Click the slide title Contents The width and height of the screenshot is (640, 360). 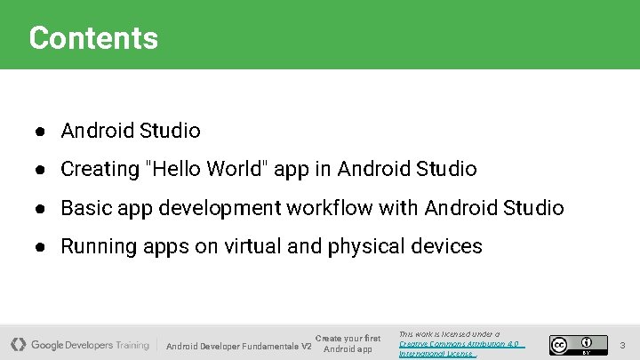click(93, 38)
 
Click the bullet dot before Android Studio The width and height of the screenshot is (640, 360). click(41, 132)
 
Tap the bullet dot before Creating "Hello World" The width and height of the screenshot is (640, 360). click(41, 170)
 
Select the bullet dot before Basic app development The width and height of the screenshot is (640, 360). click(41, 209)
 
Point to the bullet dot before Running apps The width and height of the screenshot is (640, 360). click(41, 247)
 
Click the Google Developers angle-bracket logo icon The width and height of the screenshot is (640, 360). click(19, 344)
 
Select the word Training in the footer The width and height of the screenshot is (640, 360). click(132, 345)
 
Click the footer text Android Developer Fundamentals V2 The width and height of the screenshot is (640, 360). click(238, 346)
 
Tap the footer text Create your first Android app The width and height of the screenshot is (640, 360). click(348, 343)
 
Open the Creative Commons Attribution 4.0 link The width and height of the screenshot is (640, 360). click(459, 344)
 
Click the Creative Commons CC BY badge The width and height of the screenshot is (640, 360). click(572, 344)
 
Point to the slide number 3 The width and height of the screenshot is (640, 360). click(623, 344)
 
